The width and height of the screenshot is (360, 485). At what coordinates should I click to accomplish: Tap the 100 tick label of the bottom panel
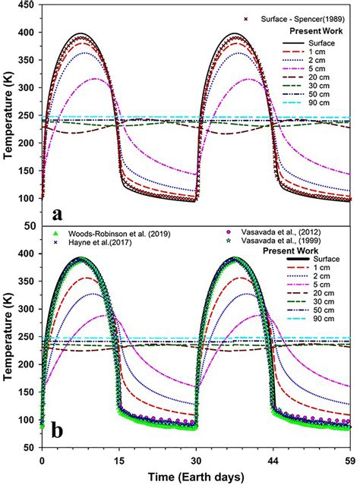click(25, 420)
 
